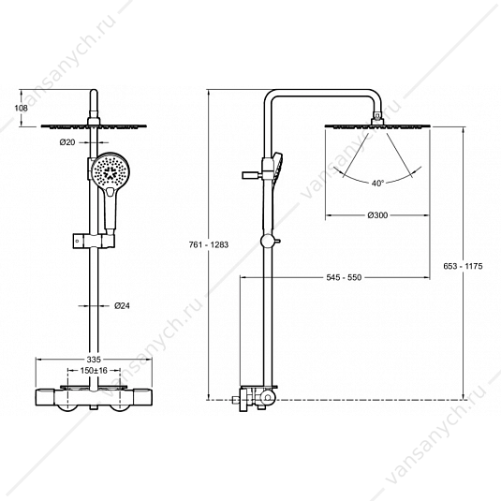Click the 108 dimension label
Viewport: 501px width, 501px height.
22,108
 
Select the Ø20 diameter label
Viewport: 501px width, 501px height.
67,142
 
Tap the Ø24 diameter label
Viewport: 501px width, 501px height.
122,306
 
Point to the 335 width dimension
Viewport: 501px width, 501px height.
94,360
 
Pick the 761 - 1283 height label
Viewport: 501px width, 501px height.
209,244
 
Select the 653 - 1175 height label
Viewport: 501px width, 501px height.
463,266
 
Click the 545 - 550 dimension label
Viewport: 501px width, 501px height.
344,277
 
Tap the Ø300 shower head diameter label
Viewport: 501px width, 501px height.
377,215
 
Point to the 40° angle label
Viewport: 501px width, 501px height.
377,184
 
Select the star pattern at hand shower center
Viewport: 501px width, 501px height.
111,172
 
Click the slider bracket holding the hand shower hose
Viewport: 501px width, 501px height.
94,241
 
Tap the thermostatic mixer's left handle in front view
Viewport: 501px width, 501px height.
47,397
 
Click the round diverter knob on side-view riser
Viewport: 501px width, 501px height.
268,242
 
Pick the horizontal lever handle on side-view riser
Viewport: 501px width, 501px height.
252,175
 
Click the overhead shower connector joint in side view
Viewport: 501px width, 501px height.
377,117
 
